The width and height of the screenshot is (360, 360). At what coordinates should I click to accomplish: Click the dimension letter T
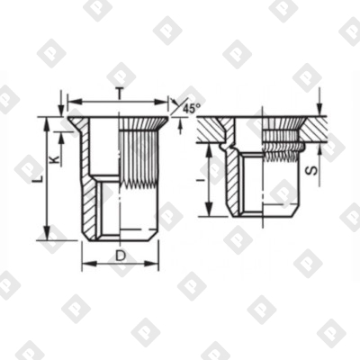pos(121,92)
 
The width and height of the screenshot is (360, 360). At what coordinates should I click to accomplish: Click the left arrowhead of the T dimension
pos(71,102)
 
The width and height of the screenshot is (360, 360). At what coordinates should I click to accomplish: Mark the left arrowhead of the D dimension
pos(84,266)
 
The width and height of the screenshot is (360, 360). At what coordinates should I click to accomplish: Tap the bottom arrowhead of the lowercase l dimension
pos(212,216)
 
